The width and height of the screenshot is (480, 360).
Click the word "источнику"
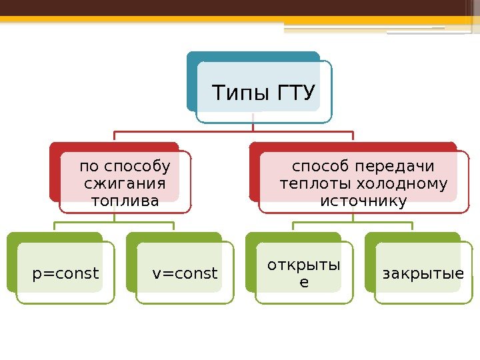pyautogui.click(x=363, y=200)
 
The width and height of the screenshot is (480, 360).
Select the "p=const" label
pyautogui.click(x=66, y=273)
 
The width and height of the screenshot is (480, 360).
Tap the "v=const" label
pyautogui.click(x=185, y=273)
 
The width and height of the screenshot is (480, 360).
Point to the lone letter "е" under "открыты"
pyautogui.click(x=304, y=282)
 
